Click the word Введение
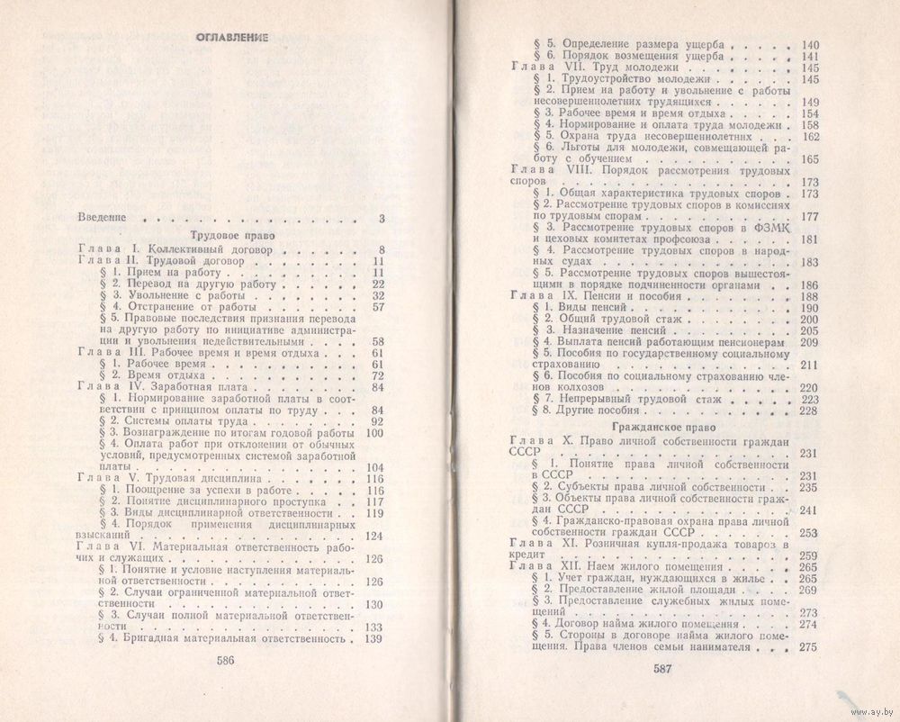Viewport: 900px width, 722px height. point(102,217)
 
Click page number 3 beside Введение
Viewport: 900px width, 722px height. point(382,217)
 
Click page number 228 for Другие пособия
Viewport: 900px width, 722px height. point(807,411)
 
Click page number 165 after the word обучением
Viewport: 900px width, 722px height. point(806,159)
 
